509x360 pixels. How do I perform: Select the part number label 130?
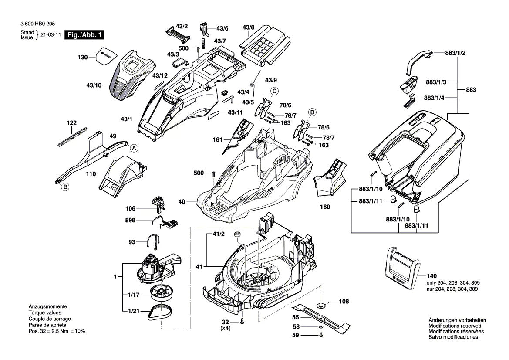coord(82,58)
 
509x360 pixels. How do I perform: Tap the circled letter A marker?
coord(134,148)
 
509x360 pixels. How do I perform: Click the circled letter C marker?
coord(275,91)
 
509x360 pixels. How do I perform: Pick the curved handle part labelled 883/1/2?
coord(418,60)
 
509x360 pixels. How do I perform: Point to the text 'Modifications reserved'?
coord(455,326)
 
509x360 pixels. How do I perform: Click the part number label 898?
coord(130,221)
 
